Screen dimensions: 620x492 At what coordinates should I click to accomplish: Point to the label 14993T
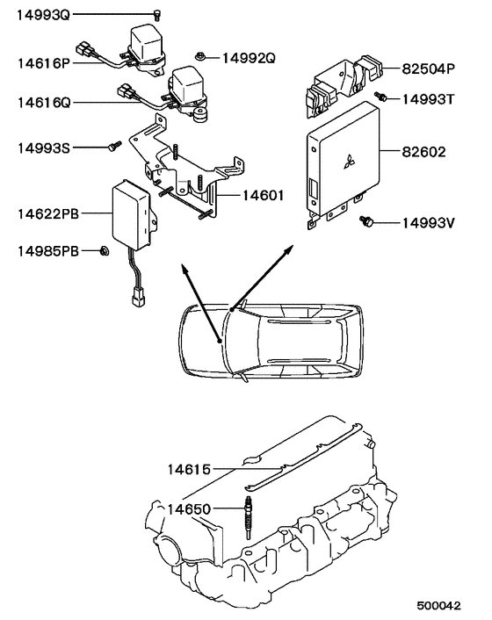tap(428, 99)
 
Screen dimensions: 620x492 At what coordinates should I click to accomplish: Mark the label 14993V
tap(429, 223)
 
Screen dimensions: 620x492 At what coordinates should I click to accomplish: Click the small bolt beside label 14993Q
tap(157, 14)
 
